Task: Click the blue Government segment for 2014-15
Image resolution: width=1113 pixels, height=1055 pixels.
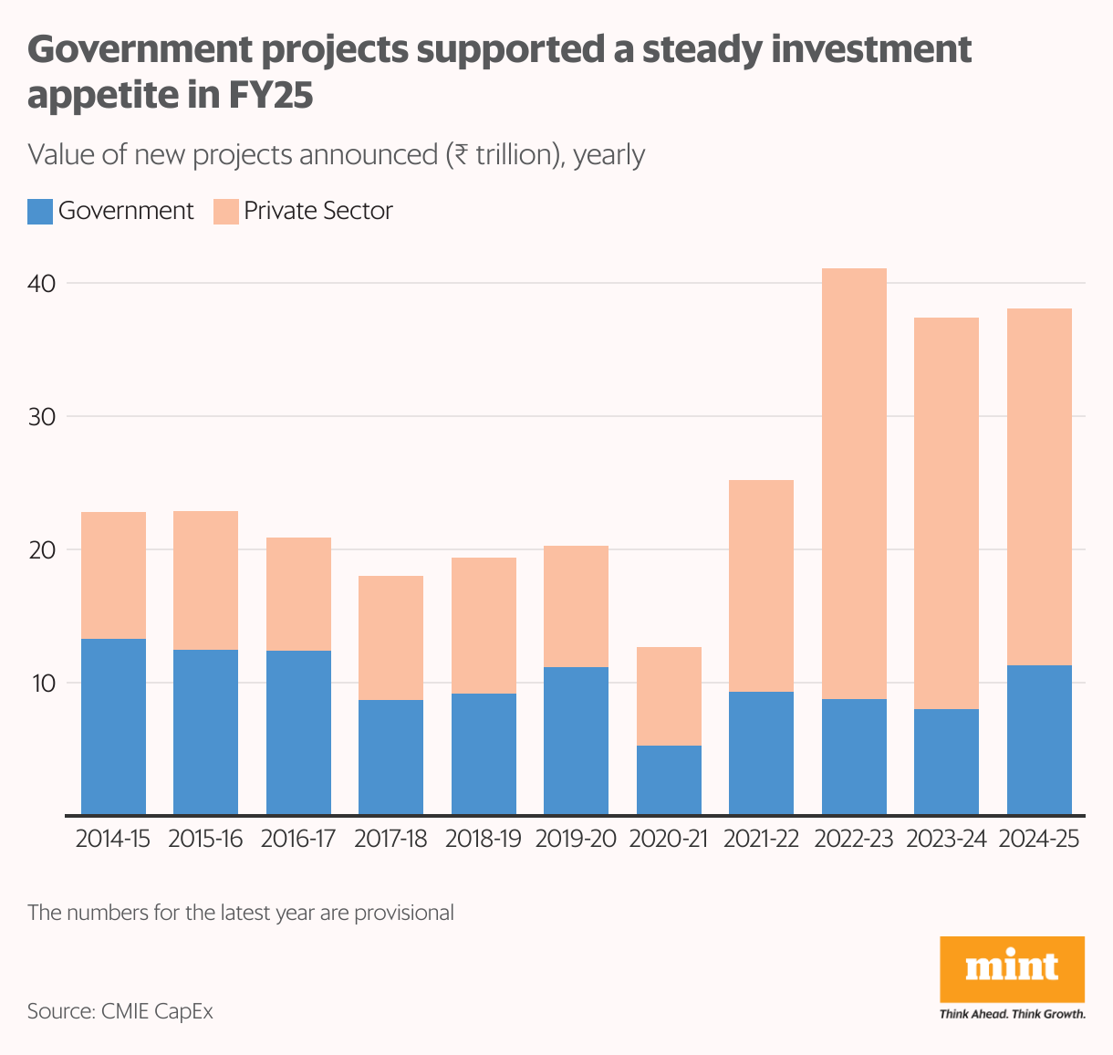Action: coord(114,726)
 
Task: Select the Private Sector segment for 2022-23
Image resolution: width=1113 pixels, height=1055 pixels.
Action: coord(854,484)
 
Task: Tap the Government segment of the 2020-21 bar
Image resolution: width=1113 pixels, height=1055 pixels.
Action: coord(669,780)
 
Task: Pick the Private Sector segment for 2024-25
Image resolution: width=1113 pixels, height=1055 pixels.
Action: coord(1039,486)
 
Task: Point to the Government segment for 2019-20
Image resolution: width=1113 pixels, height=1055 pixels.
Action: coord(576,741)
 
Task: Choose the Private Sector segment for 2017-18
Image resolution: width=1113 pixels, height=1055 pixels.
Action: coord(390,638)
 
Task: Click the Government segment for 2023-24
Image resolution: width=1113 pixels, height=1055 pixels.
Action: coord(946,762)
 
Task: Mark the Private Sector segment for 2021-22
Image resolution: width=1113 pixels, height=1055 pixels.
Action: coord(761,586)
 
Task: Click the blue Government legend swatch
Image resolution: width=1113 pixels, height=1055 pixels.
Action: coord(40,212)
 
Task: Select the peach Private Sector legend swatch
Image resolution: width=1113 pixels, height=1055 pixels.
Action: coord(225,212)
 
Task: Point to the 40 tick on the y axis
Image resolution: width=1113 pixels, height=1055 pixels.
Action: coord(42,284)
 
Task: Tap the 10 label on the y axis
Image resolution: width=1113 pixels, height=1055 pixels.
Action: coord(42,684)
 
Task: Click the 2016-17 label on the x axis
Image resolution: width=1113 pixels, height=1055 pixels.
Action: coord(298,839)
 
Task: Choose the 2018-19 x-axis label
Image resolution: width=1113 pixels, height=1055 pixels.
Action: coord(483,839)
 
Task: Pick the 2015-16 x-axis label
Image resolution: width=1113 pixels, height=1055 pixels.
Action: coord(205,839)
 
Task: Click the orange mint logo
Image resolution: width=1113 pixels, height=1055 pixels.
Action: coord(1012,968)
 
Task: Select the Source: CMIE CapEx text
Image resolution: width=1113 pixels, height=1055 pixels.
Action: coord(120,1011)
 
